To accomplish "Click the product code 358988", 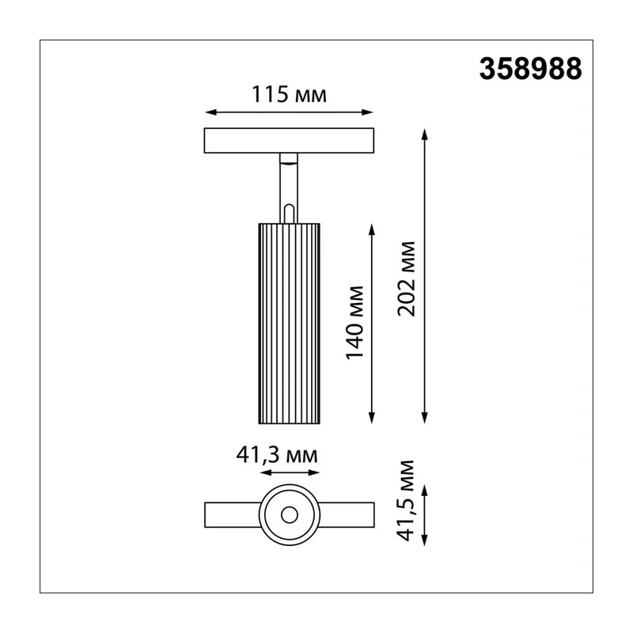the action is (x=530, y=69).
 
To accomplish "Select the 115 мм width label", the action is (x=289, y=94).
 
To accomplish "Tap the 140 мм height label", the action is (x=355, y=323).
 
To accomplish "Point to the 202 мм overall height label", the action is (x=407, y=279).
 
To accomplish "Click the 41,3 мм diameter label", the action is (x=277, y=455).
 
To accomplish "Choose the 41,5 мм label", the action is (x=406, y=501).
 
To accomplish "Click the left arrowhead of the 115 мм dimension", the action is (x=210, y=112).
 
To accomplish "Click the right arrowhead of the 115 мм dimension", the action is (x=367, y=112).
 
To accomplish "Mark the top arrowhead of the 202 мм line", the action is (x=424, y=135).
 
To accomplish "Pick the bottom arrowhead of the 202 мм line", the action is (x=424, y=418).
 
